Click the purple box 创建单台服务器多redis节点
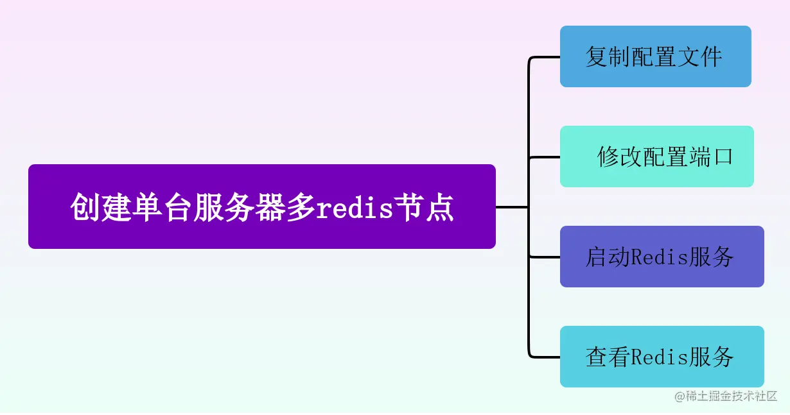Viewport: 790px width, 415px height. [261, 206]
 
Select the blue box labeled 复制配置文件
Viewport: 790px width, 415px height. [655, 56]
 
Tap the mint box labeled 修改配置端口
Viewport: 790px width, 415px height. [656, 157]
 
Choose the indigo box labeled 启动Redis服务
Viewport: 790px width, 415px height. [662, 257]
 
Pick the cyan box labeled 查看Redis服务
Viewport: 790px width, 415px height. [662, 357]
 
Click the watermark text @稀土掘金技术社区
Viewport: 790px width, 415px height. [726, 396]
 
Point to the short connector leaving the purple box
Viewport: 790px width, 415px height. [511, 207]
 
